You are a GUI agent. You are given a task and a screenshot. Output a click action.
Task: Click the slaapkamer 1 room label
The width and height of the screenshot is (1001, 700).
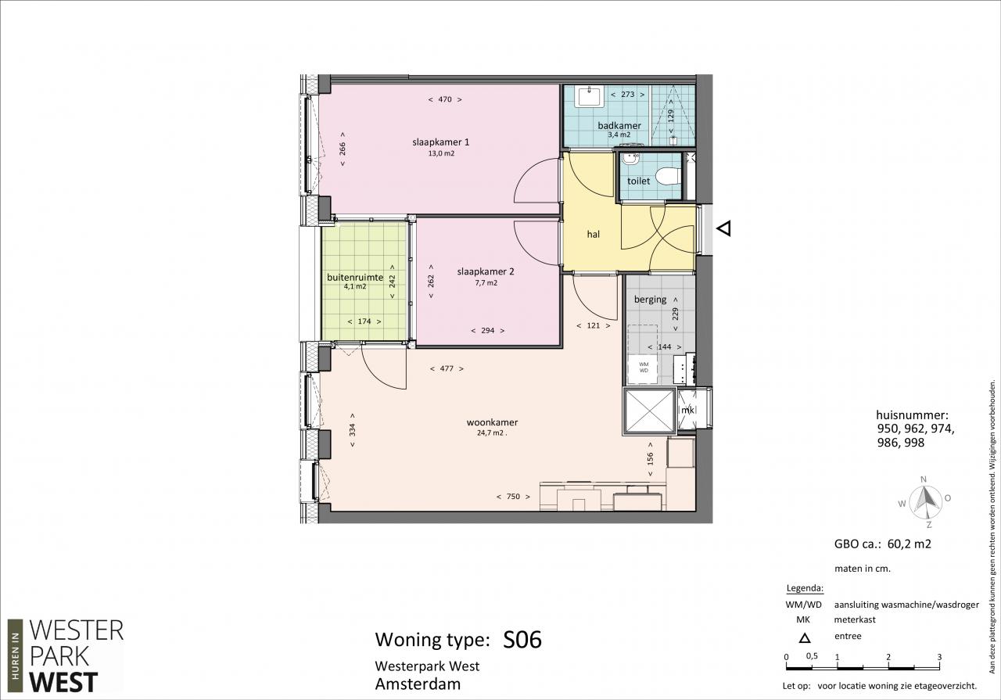click(440, 142)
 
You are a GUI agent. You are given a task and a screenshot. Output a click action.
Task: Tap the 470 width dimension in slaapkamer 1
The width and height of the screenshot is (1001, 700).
click(445, 99)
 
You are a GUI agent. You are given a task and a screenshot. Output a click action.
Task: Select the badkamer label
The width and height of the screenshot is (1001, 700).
click(619, 126)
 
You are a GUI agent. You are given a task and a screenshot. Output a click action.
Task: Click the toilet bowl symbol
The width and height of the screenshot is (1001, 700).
click(669, 176)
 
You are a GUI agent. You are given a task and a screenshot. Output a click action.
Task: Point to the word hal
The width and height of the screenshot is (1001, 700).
click(594, 234)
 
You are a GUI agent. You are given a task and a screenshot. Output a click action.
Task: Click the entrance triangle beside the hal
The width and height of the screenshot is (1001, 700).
click(724, 228)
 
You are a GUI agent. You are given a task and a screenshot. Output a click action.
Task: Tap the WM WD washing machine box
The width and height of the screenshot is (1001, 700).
click(644, 368)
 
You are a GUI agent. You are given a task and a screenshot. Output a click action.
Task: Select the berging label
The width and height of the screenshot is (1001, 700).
click(650, 299)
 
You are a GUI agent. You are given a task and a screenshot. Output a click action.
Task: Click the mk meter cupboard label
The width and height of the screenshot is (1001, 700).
click(687, 410)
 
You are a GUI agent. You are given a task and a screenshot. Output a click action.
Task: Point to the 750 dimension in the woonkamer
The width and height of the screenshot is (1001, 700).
click(514, 497)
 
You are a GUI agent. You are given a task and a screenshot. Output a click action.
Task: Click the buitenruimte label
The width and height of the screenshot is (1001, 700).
click(355, 277)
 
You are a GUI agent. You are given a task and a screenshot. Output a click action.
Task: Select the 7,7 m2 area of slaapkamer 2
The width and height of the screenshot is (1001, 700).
click(486, 283)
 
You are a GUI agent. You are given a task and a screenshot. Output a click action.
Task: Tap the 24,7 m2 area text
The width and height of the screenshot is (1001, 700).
click(490, 433)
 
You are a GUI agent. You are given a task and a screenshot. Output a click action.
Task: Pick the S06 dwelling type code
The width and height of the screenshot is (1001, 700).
click(522, 640)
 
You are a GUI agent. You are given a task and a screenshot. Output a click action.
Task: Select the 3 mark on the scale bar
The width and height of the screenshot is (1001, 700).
click(939, 657)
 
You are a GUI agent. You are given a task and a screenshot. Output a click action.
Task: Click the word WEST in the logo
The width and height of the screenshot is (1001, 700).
click(63, 682)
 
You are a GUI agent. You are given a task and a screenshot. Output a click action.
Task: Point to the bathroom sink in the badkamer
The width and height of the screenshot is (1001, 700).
click(590, 96)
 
